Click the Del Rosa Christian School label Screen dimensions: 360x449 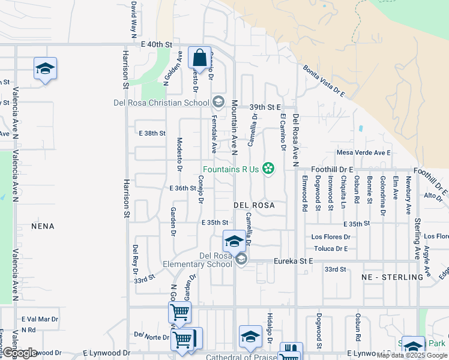point(161,102)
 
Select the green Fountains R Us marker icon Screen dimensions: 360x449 point(268,169)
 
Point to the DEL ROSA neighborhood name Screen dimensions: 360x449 point(254,205)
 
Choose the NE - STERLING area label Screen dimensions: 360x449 point(393,277)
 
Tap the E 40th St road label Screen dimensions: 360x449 point(157,44)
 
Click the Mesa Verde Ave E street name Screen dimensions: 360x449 point(363,153)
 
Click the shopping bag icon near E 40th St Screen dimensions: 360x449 point(199,59)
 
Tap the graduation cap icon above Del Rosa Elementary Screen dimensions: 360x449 point(234,241)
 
